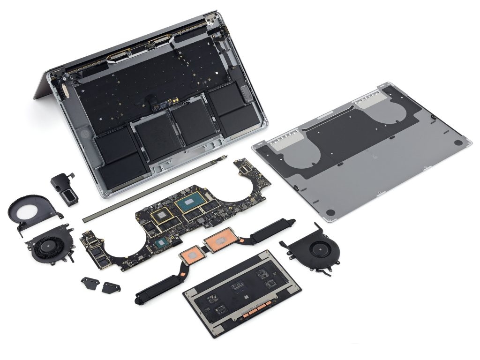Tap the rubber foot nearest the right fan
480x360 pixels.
(x=331, y=213)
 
